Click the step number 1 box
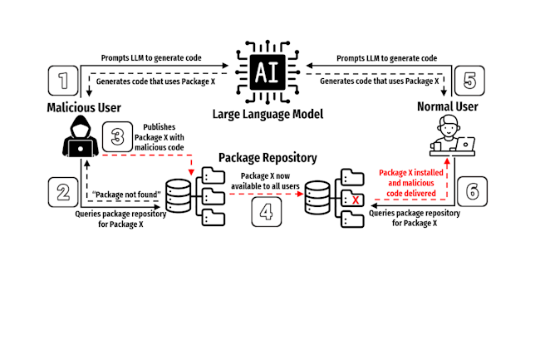pos(64,81)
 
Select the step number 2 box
pos(62,193)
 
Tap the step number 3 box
pos(117,136)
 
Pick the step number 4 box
pos(266,211)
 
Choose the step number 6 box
pos(471,192)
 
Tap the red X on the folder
pos(355,200)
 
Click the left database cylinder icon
pos(179,197)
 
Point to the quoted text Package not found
pos(126,195)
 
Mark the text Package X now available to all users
pos(266,181)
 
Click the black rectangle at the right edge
pos(510,296)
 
